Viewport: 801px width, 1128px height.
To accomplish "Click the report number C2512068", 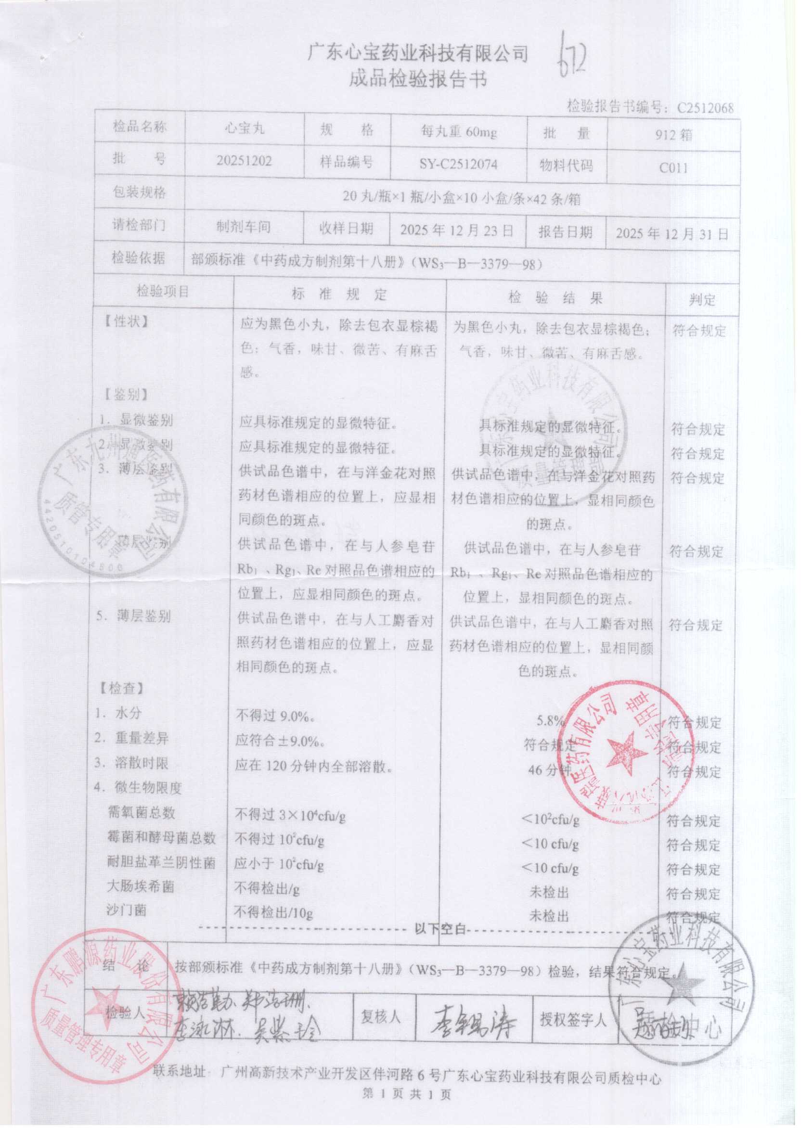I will click(x=705, y=107).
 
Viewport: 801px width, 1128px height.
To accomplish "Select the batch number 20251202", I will click(x=244, y=161).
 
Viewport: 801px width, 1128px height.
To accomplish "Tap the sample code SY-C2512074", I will click(x=458, y=164).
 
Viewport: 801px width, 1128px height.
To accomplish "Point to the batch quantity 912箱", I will click(x=673, y=135).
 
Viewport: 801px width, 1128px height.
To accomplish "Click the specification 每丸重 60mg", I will click(x=458, y=132).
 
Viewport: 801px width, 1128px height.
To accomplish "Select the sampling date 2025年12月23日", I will click(x=457, y=230).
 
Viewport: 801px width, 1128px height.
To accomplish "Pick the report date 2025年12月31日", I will click(x=672, y=234).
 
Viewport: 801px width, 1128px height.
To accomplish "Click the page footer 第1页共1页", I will click(x=406, y=1094).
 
